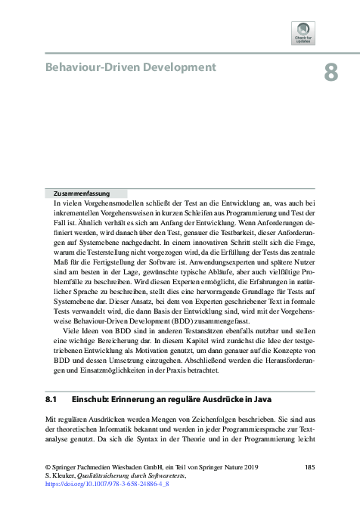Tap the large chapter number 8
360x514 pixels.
pos(330,73)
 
